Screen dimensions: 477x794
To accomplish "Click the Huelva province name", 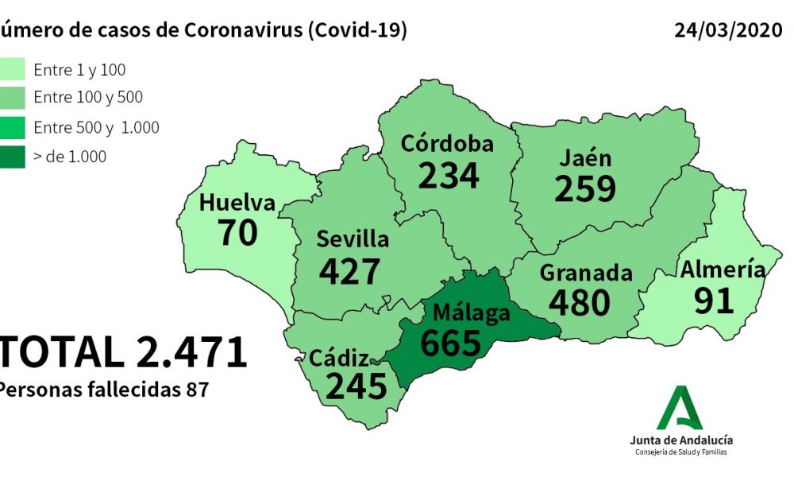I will click(x=237, y=204).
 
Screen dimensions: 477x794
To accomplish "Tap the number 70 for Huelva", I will click(x=237, y=232).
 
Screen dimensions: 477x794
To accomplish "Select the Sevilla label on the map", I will click(x=353, y=239).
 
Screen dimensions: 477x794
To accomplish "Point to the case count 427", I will click(x=350, y=271).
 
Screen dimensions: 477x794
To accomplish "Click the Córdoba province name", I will click(x=447, y=144).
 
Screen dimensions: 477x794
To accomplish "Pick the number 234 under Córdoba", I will click(x=449, y=175).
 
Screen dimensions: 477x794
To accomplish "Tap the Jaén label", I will click(x=585, y=157).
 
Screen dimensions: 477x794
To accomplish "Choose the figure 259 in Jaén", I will click(x=585, y=188).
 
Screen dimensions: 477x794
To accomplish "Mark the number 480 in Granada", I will click(x=579, y=302).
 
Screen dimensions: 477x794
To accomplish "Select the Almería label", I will click(x=723, y=270).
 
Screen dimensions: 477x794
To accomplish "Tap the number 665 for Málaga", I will click(x=450, y=343).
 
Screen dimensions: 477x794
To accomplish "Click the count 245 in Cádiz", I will click(x=356, y=386).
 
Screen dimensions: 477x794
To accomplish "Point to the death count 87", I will click(x=198, y=390).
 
